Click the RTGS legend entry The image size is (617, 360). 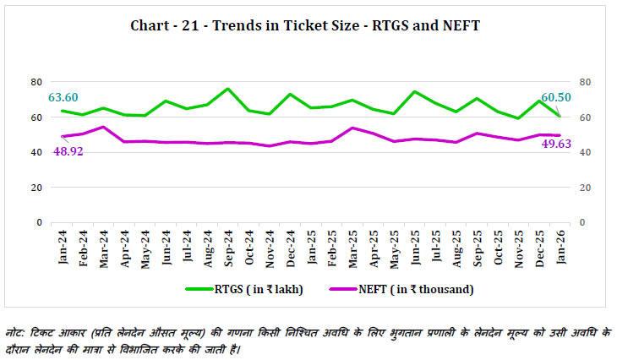tap(239, 290)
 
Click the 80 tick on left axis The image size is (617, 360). tap(36, 82)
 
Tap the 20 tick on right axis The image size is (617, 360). tap(585, 188)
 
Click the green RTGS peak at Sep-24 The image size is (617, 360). tap(227, 89)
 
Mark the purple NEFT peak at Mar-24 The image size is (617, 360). tap(103, 127)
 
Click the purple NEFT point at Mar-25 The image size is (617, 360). tap(352, 128)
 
